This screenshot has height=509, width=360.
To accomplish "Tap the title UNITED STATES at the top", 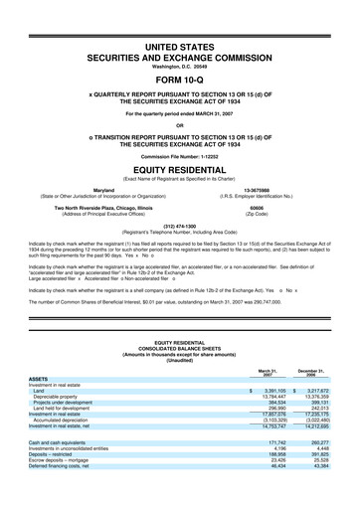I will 180,47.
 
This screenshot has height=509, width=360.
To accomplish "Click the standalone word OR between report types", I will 180,125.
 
